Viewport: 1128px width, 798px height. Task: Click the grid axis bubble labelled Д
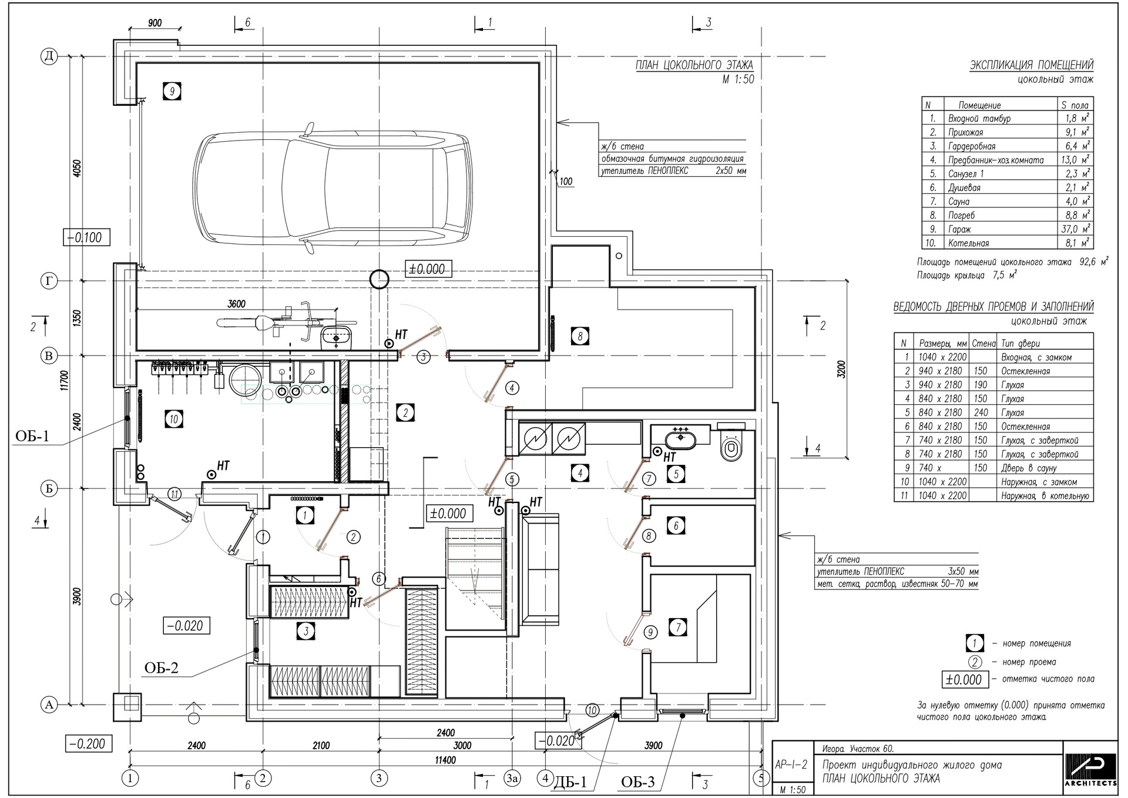click(49, 56)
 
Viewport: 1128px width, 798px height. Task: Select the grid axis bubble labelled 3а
click(512, 779)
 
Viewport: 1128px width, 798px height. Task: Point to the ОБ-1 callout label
click(32, 436)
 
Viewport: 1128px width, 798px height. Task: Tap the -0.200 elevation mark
click(87, 744)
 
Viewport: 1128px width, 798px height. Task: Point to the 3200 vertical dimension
click(841, 368)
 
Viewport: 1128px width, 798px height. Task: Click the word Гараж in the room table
click(959, 229)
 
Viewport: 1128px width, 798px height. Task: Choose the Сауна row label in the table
click(959, 202)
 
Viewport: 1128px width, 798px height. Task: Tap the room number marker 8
click(580, 336)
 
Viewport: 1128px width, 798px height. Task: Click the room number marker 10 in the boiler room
click(173, 420)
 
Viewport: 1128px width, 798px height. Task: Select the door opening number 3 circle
click(424, 357)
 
